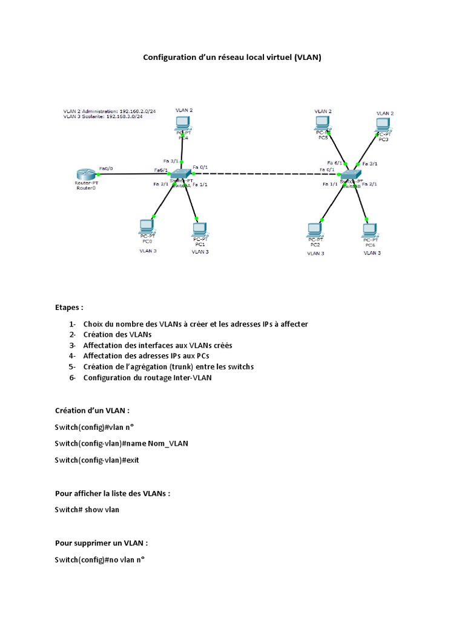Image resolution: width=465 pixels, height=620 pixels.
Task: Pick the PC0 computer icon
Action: (x=147, y=226)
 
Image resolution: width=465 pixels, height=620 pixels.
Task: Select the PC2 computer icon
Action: (x=314, y=229)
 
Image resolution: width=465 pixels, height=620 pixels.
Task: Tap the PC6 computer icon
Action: (x=369, y=230)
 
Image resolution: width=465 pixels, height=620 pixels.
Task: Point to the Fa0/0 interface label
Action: (x=106, y=168)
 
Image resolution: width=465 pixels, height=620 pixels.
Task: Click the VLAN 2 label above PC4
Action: (x=184, y=110)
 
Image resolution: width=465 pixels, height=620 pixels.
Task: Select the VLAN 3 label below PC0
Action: (x=148, y=250)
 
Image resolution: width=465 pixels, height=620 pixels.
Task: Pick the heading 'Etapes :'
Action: (x=69, y=307)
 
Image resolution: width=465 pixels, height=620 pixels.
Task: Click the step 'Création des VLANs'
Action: (x=117, y=334)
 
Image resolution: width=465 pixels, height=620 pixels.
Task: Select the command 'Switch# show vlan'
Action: (x=87, y=509)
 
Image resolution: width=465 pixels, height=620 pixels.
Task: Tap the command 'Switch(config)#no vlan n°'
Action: (x=100, y=559)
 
